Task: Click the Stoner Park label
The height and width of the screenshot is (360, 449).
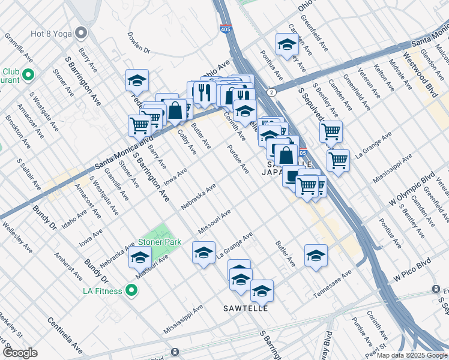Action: (160, 242)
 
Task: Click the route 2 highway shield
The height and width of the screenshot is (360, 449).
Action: (272, 92)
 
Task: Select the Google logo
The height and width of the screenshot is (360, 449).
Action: (20, 353)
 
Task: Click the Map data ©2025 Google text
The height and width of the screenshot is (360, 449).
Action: (412, 355)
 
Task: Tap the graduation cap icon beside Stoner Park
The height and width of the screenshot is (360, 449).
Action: (140, 257)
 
